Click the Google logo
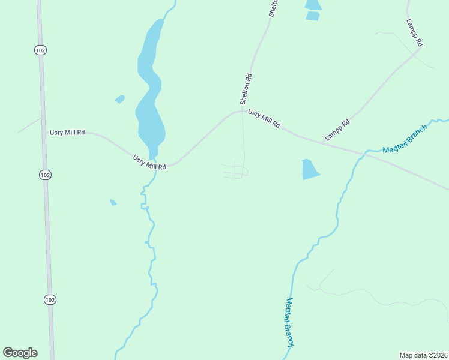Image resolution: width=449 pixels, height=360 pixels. (x=20, y=353)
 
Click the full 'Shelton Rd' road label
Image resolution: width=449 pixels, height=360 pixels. (x=246, y=89)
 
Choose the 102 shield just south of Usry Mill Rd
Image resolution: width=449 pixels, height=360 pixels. (x=46, y=175)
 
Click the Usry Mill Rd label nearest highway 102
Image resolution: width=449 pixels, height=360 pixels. (x=67, y=132)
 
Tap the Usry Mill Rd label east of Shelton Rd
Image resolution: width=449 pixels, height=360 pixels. (x=264, y=119)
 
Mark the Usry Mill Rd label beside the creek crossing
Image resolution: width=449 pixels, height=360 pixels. (x=149, y=163)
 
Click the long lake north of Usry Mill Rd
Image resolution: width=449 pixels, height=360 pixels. (x=149, y=90)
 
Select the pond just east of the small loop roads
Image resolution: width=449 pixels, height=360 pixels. (x=309, y=170)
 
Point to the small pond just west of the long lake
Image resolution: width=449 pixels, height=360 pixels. (x=120, y=99)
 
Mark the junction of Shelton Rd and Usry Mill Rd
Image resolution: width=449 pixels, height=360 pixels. (x=243, y=110)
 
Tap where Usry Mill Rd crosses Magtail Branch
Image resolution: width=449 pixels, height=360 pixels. (x=364, y=154)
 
